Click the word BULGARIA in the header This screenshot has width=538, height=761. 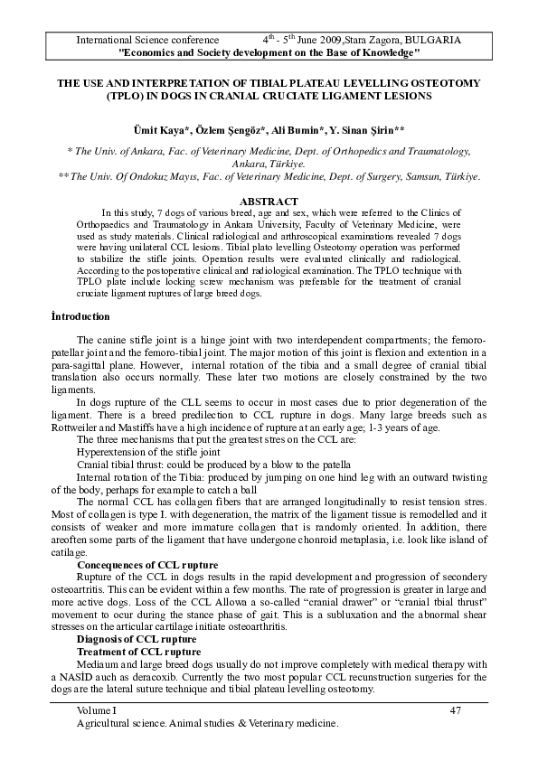coord(433,41)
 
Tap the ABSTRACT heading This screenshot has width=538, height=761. coord(269,201)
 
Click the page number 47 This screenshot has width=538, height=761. coord(455,710)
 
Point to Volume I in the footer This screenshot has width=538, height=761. coord(97,710)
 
